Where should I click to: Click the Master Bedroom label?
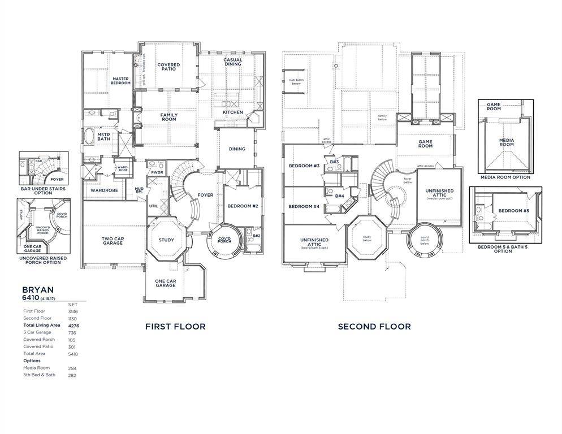(121, 81)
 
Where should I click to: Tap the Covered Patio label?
(168, 67)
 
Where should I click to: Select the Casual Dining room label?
(232, 62)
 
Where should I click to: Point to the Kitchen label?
(232, 112)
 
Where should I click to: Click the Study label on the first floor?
(166, 240)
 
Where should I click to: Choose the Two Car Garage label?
(113, 241)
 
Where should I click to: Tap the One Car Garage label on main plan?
(166, 283)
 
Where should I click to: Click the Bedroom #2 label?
(243, 206)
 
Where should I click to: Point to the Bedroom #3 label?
(304, 166)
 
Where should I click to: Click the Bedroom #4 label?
(304, 207)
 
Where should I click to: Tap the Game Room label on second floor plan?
(425, 144)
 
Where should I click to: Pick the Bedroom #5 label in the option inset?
(514, 211)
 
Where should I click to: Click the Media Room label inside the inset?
(506, 142)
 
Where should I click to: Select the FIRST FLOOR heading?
(175, 327)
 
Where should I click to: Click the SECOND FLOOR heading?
(374, 327)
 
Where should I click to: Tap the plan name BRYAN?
(38, 289)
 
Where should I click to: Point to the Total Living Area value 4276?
(73, 325)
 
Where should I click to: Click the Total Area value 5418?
(73, 354)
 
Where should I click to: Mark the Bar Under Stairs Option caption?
(44, 190)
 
